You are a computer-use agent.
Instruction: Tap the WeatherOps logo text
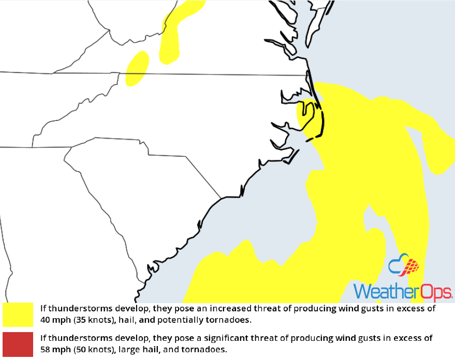click(x=402, y=291)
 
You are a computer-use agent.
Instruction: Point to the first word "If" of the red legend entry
click(x=43, y=339)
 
